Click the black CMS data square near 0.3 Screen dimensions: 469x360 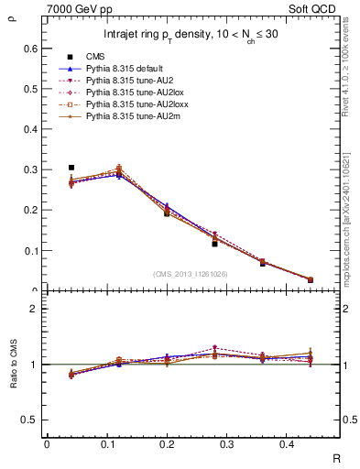pos(71,168)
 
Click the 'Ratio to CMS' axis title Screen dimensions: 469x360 pos(13,364)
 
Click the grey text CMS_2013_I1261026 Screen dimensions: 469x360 pos(191,274)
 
